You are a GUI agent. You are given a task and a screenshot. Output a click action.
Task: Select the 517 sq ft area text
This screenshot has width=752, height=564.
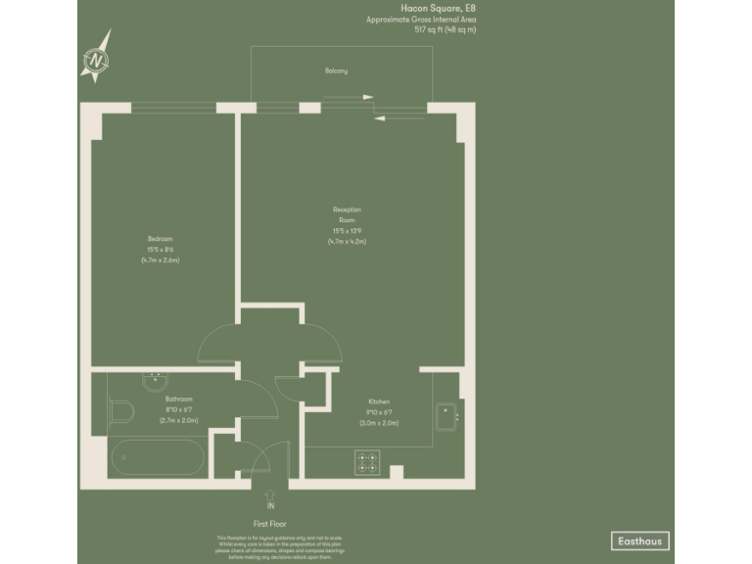pos(445,30)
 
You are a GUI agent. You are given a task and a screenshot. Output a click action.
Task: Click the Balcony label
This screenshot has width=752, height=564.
pos(337,71)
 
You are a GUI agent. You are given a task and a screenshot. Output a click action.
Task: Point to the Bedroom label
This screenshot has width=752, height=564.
pos(161,240)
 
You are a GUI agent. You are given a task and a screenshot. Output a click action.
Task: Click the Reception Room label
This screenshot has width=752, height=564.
pos(348,214)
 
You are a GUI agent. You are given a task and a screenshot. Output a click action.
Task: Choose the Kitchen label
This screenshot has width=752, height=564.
pos(380,402)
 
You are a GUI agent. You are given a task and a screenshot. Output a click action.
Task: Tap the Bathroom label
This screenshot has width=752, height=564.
pos(179,399)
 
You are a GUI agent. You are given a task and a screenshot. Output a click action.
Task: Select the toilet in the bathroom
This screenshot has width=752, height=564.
pos(122,412)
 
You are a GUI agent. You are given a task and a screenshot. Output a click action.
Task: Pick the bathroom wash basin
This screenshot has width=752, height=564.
pos(157,382)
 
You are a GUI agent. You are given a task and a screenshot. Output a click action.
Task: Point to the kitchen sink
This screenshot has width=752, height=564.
pos(446,417)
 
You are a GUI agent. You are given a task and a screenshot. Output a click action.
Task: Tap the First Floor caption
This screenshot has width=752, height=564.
pos(270,525)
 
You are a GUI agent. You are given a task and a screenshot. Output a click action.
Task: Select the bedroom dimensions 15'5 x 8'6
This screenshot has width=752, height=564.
pos(161,251)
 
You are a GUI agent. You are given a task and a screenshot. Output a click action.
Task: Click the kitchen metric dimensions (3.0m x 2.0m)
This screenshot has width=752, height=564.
pos(379,423)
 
